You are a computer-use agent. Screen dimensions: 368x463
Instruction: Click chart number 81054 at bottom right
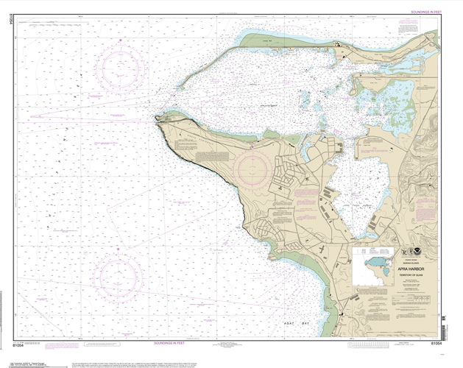click(436, 343)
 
